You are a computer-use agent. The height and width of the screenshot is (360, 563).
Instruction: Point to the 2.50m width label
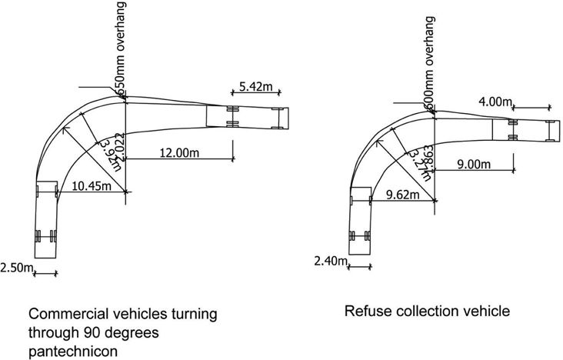(18, 267)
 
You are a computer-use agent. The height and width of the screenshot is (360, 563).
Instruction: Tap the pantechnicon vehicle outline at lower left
(46, 219)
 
